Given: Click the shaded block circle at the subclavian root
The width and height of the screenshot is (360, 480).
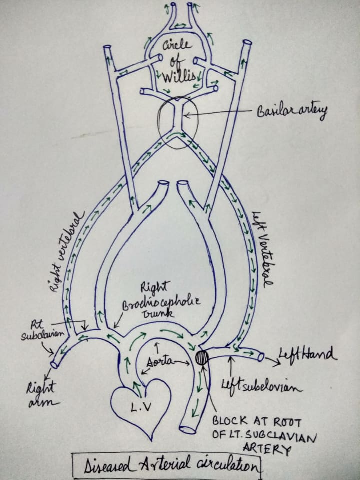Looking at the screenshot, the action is pos(202,358).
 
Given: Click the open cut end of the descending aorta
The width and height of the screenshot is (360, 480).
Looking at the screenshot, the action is pos(188,428).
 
